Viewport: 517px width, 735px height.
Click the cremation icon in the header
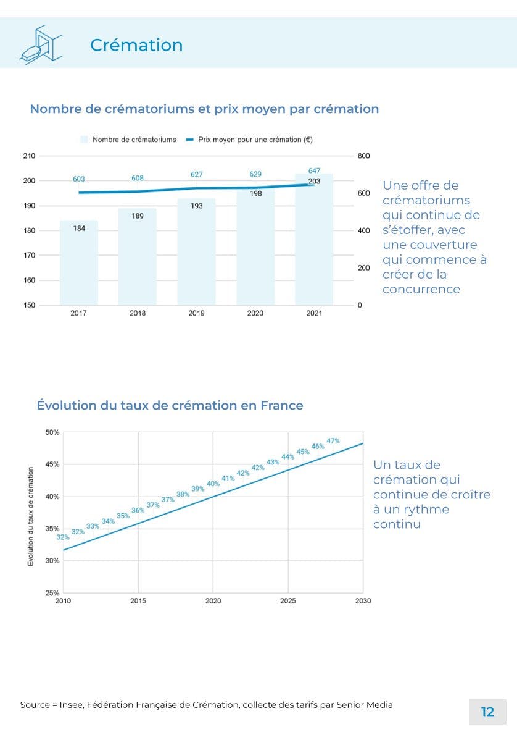41,43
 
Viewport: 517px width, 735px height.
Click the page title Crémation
136,45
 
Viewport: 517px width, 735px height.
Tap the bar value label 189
138,216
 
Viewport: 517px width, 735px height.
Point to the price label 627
196,175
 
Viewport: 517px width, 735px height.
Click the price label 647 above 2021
314,170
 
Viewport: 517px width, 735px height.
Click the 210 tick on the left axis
29,156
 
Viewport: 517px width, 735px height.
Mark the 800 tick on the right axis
364,156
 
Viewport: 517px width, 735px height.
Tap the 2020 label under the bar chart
255,313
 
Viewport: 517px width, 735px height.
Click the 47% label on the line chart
333,440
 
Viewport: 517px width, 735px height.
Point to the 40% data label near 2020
213,484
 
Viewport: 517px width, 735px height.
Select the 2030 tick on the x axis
363,600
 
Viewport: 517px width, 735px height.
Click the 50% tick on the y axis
52,432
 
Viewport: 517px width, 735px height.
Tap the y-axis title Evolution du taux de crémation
31,516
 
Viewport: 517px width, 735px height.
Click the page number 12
487,712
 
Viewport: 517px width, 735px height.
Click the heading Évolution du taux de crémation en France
170,406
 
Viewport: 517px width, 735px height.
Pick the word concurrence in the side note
421,290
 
